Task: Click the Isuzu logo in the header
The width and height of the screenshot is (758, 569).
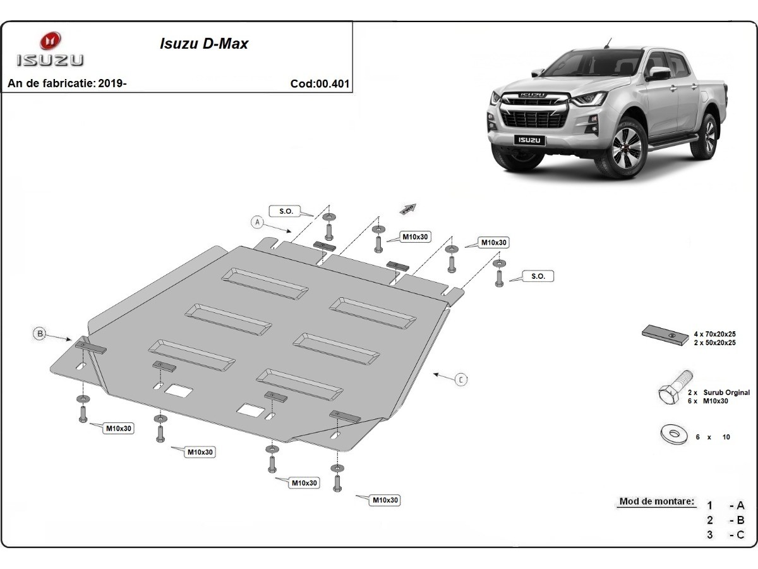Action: [x=49, y=49]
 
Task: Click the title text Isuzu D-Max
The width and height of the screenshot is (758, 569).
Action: [x=203, y=44]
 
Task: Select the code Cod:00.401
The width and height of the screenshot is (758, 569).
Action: [x=320, y=83]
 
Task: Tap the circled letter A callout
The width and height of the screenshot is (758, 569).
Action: [x=256, y=221]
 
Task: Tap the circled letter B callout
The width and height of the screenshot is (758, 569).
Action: [x=40, y=333]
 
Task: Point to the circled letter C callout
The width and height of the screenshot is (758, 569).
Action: [x=461, y=379]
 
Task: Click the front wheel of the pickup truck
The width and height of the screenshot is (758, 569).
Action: [x=625, y=149]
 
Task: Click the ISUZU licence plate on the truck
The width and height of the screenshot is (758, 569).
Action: [x=529, y=140]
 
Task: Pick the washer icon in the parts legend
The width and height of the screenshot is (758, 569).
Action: [x=673, y=435]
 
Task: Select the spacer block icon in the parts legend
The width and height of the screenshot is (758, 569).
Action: [x=665, y=335]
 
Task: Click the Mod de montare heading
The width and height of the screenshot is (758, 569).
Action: [x=656, y=501]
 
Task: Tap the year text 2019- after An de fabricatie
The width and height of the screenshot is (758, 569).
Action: [x=113, y=83]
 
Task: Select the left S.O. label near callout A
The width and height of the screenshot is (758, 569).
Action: [x=286, y=211]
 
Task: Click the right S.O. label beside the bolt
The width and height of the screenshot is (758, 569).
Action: [x=538, y=276]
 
